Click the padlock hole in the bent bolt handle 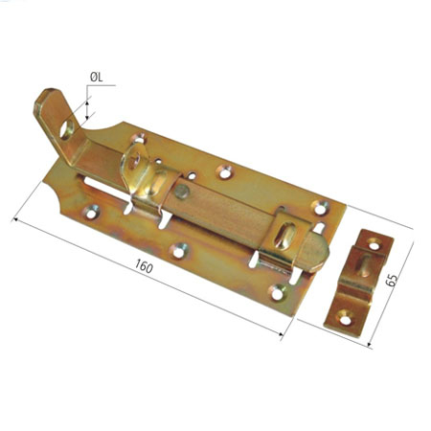69,124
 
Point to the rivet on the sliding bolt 181,191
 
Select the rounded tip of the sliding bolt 322,251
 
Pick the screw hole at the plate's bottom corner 277,290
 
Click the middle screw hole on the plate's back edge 226,171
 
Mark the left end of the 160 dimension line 12,218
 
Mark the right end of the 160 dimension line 284,336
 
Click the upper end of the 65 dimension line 415,229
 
